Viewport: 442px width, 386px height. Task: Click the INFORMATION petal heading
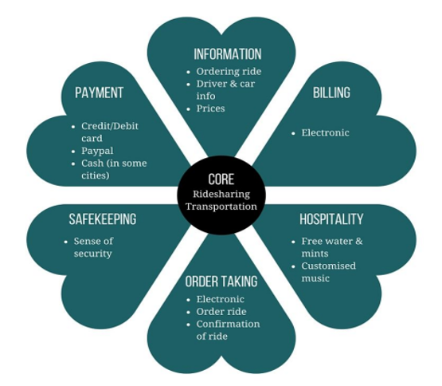point(228,54)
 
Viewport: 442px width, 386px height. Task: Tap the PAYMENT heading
point(100,93)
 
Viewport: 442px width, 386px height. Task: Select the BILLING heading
point(331,93)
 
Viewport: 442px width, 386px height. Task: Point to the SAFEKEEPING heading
point(103,219)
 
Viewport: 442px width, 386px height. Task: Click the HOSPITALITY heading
point(331,219)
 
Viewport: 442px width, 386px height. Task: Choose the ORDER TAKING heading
point(221,282)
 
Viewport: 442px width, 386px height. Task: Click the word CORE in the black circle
point(221,179)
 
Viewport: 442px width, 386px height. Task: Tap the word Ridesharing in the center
point(221,195)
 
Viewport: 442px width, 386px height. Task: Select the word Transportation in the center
point(221,207)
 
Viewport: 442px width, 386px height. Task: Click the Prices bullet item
point(210,108)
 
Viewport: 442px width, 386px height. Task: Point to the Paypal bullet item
point(97,151)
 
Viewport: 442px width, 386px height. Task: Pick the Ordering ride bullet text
point(229,72)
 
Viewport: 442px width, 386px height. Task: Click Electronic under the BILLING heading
point(325,132)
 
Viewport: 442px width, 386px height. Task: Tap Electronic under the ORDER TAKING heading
point(220,299)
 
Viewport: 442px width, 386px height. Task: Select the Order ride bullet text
point(221,312)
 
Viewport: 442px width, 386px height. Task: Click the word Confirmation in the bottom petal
point(228,324)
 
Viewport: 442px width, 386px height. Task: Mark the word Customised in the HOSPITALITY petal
point(329,266)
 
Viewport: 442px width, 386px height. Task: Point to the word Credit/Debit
point(110,126)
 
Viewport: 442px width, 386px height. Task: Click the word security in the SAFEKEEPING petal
point(92,254)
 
